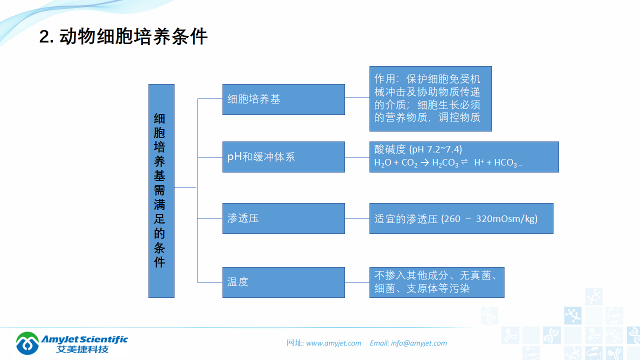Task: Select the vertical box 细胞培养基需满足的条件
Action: click(161, 190)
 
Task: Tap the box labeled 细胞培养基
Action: click(283, 99)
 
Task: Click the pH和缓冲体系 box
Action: click(283, 156)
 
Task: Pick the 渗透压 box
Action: click(283, 218)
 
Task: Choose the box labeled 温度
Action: click(283, 282)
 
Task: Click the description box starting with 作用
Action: click(430, 98)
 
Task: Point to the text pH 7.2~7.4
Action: click(435, 149)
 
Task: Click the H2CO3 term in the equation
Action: click(445, 163)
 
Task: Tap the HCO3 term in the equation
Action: click(506, 163)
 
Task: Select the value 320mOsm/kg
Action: click(506, 218)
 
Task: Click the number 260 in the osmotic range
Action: click(452, 218)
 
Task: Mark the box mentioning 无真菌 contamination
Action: click(436, 282)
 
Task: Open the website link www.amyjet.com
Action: click(333, 343)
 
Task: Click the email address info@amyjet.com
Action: click(419, 343)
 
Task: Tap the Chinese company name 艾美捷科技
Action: click(82, 349)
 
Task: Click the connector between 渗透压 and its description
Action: click(357, 218)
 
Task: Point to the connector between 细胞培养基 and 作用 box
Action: click(357, 98)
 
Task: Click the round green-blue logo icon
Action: click(27, 343)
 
